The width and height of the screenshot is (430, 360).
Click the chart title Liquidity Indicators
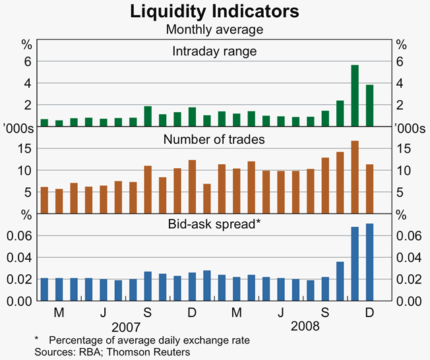tap(214, 12)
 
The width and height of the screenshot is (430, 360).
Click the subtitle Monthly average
tap(214, 30)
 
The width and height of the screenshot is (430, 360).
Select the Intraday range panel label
tap(214, 51)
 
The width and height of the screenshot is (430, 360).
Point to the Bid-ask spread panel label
tap(214, 225)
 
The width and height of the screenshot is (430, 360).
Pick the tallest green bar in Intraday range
tap(355, 96)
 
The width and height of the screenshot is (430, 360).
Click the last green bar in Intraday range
tap(369, 105)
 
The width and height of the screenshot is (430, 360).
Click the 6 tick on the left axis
tap(27, 61)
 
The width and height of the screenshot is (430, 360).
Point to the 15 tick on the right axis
tap(402, 148)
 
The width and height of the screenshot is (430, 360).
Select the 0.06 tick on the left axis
tap(20, 235)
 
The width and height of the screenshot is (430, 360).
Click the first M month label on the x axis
tap(59, 312)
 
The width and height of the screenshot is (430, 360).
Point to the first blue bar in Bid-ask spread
tap(44, 289)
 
